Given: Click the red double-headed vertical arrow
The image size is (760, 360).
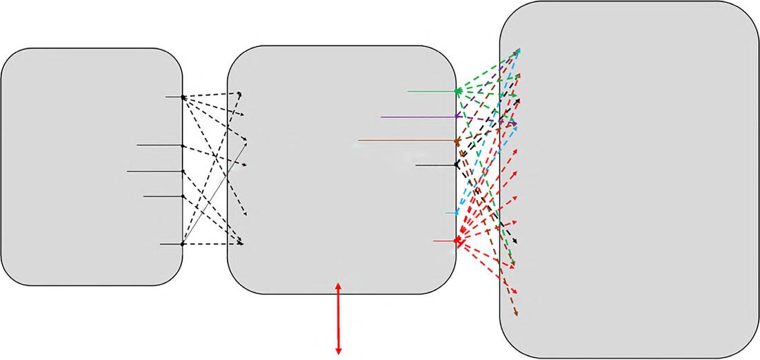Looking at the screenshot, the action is (x=338, y=318).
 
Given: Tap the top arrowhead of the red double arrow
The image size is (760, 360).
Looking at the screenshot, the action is (x=338, y=284).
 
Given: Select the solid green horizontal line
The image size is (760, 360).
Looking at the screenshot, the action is (x=431, y=91).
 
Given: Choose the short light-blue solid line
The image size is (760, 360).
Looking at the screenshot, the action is (x=450, y=213).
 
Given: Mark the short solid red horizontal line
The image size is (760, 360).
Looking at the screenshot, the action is (x=443, y=241).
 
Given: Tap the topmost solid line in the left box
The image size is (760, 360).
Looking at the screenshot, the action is (x=174, y=97).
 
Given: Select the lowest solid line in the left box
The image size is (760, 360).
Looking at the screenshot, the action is (x=170, y=244).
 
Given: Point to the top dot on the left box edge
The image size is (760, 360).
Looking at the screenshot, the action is (x=183, y=97).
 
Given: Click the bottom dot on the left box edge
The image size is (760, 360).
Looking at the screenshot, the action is (x=182, y=244).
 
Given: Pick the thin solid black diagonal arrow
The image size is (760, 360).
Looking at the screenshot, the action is (x=214, y=194).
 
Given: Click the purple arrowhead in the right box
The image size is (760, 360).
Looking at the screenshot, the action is (x=514, y=123).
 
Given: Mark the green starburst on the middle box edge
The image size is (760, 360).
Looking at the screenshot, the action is (x=457, y=91).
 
